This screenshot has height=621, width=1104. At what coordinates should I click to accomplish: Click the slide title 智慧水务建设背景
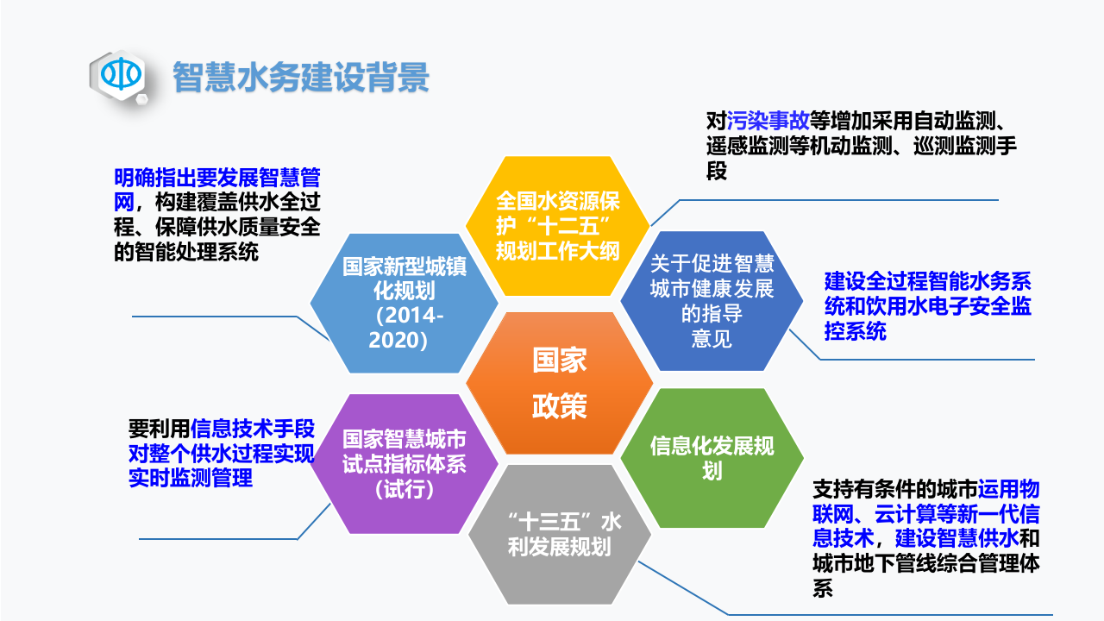pyautogui.click(x=301, y=77)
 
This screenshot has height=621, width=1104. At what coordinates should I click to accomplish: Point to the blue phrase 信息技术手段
pyautogui.click(x=253, y=429)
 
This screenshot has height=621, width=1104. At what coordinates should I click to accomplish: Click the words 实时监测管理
pyautogui.click(x=191, y=477)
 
